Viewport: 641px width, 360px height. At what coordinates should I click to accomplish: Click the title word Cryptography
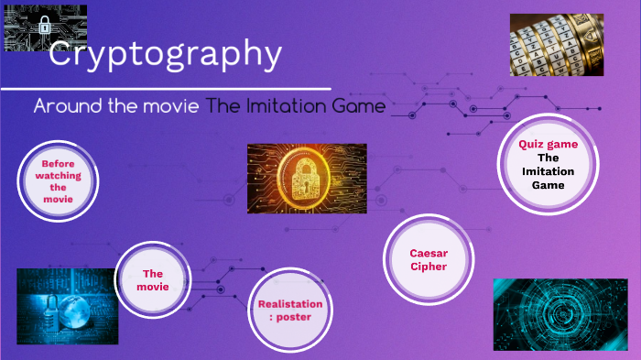pyautogui.click(x=165, y=54)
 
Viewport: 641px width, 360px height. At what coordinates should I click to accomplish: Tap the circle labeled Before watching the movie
pyautogui.click(x=59, y=180)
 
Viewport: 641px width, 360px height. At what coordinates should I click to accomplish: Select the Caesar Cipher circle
pyautogui.click(x=429, y=260)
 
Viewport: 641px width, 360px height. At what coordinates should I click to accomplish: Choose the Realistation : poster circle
pyautogui.click(x=290, y=311)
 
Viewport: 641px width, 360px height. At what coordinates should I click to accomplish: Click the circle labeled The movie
pyautogui.click(x=153, y=280)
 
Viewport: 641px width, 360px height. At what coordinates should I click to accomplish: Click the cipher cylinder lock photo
pyautogui.click(x=559, y=44)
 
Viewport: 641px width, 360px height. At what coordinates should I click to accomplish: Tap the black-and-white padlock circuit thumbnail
pyautogui.click(x=46, y=27)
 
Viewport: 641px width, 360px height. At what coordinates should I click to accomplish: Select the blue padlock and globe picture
pyautogui.click(x=67, y=306)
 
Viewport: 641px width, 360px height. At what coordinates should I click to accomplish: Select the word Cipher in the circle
pyautogui.click(x=429, y=267)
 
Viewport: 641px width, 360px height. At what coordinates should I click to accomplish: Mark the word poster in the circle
pyautogui.click(x=294, y=318)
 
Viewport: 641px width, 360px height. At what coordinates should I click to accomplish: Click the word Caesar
pyautogui.click(x=429, y=253)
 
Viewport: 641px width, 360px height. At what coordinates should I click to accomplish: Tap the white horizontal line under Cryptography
pyautogui.click(x=165, y=89)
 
